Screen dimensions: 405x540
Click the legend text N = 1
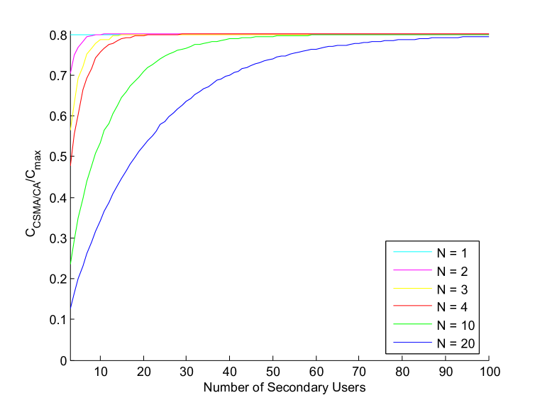[452, 252]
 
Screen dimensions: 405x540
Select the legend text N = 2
[452, 270]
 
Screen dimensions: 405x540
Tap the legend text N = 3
[452, 289]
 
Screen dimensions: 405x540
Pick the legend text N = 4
[452, 307]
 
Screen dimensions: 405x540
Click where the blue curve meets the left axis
[71, 306]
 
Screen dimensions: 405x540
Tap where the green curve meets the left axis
[71, 263]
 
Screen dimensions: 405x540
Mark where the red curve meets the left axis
[71, 164]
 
